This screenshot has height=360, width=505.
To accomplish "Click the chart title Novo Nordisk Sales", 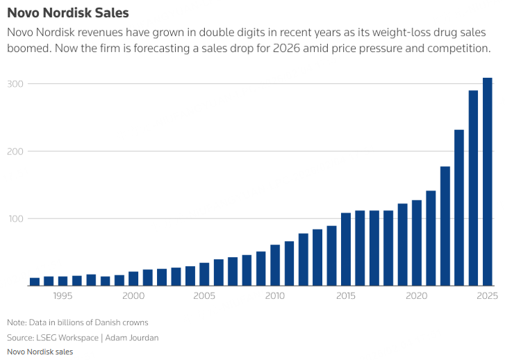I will pyautogui.click(x=67, y=13).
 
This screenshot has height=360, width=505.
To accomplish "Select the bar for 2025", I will pyautogui.click(x=488, y=181).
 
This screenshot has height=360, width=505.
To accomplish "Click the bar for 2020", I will pyautogui.click(x=417, y=243).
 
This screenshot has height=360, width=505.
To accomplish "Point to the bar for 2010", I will pyautogui.click(x=275, y=265).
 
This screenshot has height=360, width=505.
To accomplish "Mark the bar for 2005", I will pyautogui.click(x=204, y=274).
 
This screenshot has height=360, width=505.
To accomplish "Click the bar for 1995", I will pyautogui.click(x=63, y=281).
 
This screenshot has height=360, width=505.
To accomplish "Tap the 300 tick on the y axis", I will pyautogui.click(x=15, y=84).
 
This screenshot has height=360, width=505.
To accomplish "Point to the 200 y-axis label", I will pyautogui.click(x=15, y=152).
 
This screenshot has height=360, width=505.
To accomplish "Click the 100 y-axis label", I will pyautogui.click(x=15, y=219).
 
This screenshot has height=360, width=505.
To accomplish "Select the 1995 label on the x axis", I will pyautogui.click(x=63, y=296).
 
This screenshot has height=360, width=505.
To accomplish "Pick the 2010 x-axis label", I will pyautogui.click(x=275, y=296).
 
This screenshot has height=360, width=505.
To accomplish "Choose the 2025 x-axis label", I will pyautogui.click(x=488, y=296).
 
